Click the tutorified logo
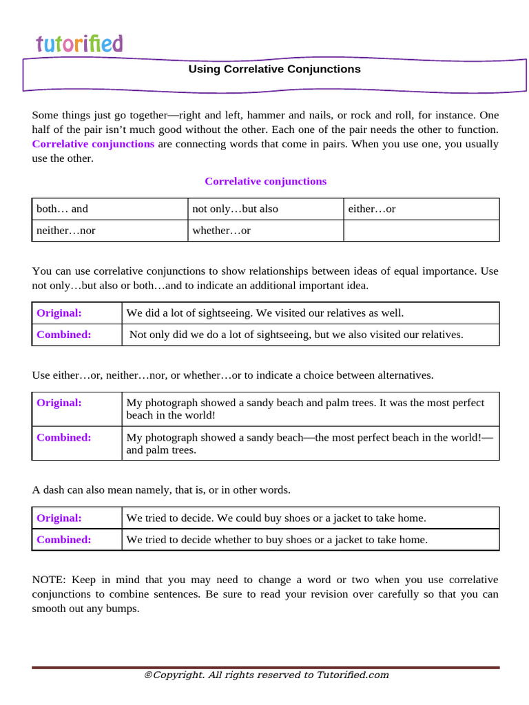click(x=79, y=44)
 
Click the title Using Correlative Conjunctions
click(x=274, y=70)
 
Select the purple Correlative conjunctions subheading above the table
click(x=265, y=181)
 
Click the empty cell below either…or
click(x=420, y=231)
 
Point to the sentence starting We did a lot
click(x=264, y=313)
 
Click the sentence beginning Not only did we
click(x=296, y=335)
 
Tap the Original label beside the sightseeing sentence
click(x=59, y=313)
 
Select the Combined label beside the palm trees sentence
click(x=63, y=437)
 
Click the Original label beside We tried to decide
click(x=59, y=518)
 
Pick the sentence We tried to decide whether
click(x=277, y=540)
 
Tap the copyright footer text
click(x=266, y=675)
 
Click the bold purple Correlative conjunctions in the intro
click(x=93, y=144)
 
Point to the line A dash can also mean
click(x=161, y=490)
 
